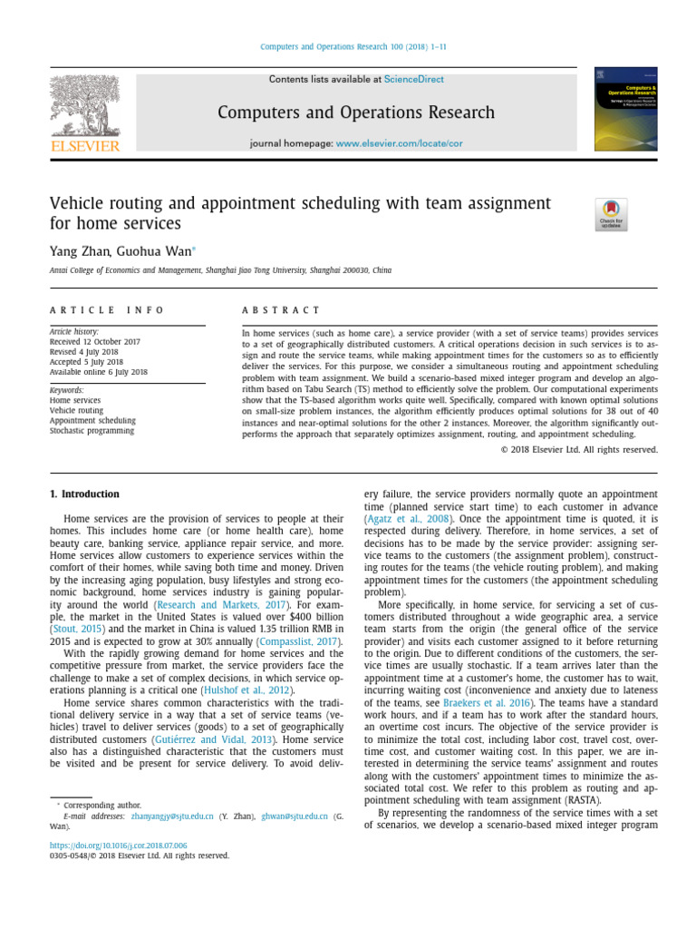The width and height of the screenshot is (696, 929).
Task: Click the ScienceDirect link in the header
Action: tap(414, 80)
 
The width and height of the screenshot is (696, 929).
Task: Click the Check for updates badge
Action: tap(610, 215)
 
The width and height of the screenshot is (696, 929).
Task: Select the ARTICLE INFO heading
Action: tap(107, 310)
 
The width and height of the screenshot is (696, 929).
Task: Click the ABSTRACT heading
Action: tap(281, 310)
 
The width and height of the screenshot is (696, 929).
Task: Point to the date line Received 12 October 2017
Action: tap(95, 342)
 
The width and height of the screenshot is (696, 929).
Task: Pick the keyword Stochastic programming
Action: tap(92, 431)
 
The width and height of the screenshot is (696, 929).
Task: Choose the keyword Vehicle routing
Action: tap(76, 410)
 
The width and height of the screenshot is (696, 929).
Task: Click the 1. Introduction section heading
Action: tap(83, 494)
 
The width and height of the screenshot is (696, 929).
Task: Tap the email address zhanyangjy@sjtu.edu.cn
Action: tap(172, 817)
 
